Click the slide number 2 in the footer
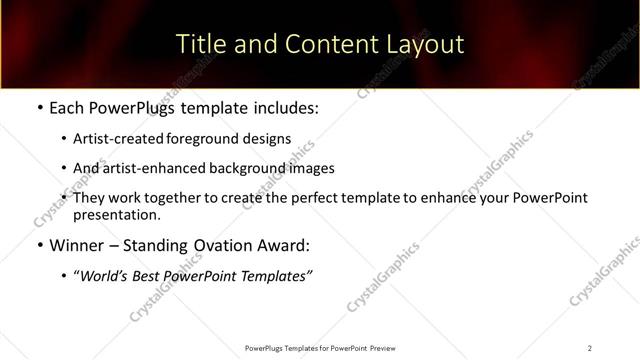click(x=589, y=348)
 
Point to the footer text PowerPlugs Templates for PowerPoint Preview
click(x=319, y=348)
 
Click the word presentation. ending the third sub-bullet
click(x=115, y=214)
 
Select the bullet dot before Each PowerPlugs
click(x=38, y=108)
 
